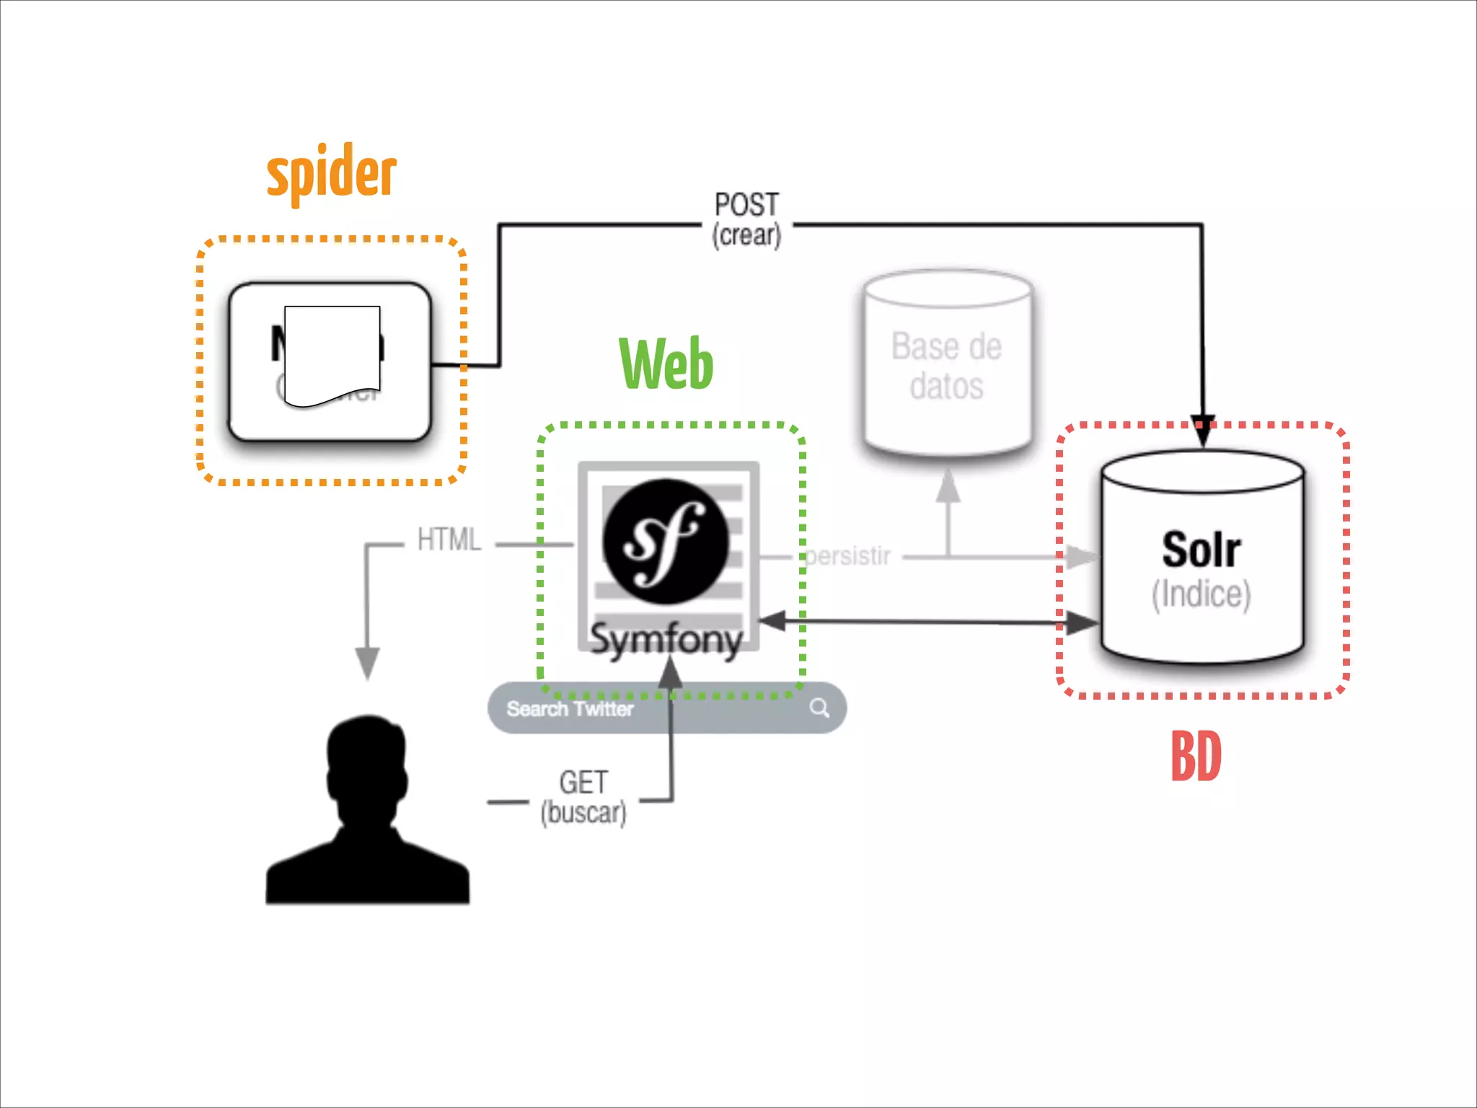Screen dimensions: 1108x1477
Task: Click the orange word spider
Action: (332, 173)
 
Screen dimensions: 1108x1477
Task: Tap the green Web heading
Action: (666, 364)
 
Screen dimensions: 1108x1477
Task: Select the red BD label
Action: (1196, 756)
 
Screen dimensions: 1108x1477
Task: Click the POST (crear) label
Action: (747, 219)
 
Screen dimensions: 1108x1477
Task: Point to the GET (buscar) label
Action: (583, 797)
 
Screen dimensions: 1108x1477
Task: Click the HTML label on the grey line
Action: (449, 540)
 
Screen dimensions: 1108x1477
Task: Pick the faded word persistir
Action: (848, 556)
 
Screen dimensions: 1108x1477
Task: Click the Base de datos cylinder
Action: (948, 365)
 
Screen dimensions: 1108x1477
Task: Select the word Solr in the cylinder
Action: (1201, 550)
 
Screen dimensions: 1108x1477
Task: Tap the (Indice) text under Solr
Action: (1201, 594)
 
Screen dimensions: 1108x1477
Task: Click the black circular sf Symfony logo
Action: (665, 541)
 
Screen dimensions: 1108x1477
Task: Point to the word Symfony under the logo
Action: (666, 639)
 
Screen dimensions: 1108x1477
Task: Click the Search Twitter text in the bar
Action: (570, 709)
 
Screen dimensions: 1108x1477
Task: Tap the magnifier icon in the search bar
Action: (819, 708)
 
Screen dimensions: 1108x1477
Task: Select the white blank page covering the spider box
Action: (332, 353)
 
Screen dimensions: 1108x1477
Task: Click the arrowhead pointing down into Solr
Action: (1202, 431)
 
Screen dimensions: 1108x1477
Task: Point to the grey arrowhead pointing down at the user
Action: (367, 662)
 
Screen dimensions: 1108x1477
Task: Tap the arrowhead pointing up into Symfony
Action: (671, 673)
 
